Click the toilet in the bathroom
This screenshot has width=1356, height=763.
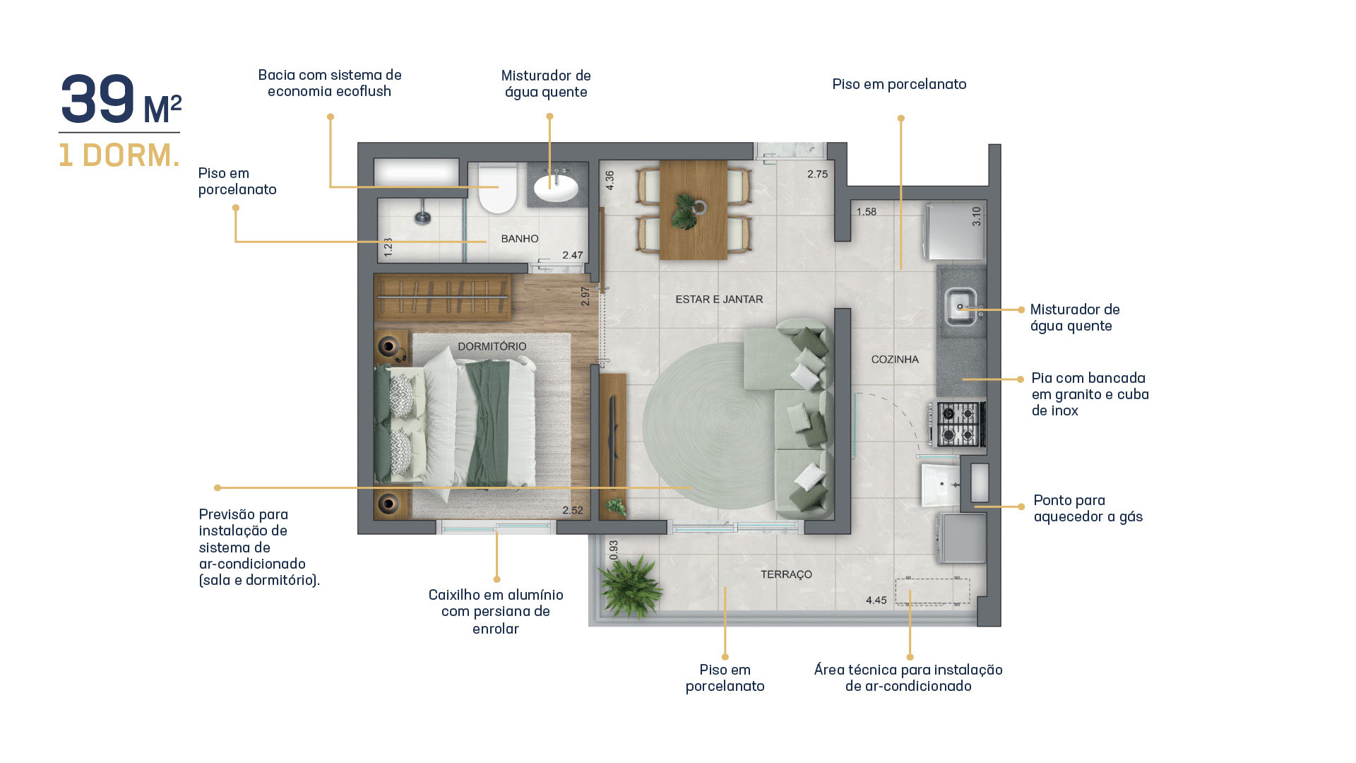[x=498, y=188]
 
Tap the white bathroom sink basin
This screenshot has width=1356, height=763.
[x=556, y=187]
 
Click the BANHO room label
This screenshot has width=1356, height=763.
[x=520, y=239]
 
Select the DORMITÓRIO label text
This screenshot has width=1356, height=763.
[x=492, y=346]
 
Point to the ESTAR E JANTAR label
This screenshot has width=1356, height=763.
[x=719, y=300]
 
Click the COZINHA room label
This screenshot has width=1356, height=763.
[x=895, y=360]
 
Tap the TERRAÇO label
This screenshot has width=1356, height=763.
[x=786, y=574]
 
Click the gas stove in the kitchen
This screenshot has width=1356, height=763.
[x=958, y=424]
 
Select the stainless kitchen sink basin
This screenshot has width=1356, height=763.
[x=961, y=307]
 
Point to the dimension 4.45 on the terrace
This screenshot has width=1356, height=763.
[x=876, y=601]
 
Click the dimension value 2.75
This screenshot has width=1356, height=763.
[x=817, y=175]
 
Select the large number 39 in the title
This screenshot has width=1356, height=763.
[x=97, y=100]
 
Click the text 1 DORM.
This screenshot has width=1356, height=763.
[x=119, y=155]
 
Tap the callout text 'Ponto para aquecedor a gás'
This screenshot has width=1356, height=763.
[x=1088, y=509]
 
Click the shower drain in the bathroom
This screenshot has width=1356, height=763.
[x=422, y=218]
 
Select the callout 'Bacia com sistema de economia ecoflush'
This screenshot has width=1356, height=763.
[x=329, y=83]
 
